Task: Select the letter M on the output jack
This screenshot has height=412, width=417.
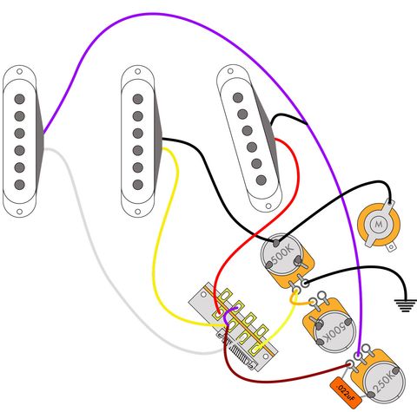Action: click(378, 225)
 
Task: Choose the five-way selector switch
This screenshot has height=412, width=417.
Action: click(236, 322)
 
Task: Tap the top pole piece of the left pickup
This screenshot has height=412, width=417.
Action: click(18, 98)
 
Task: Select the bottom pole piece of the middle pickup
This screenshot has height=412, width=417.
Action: click(136, 185)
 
